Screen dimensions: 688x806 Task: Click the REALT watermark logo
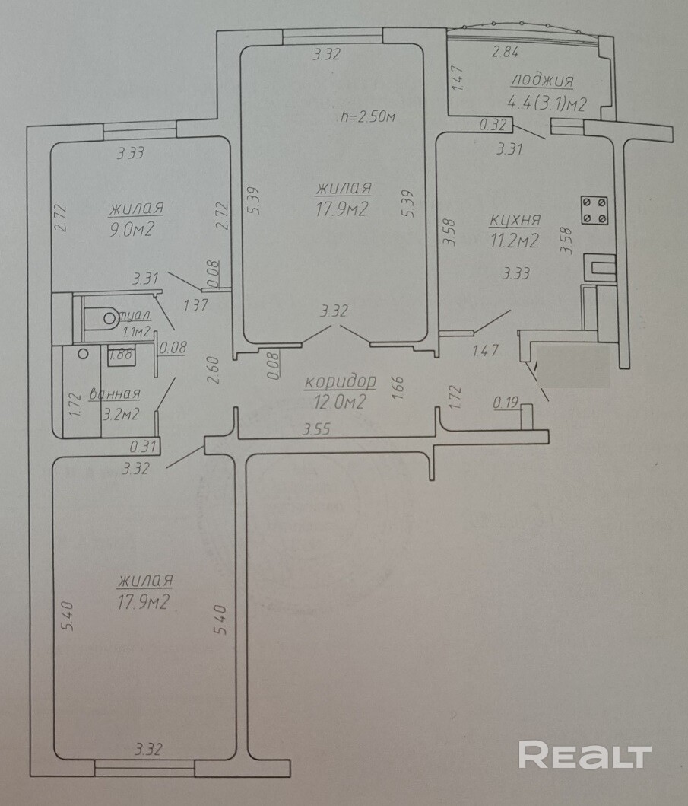585,755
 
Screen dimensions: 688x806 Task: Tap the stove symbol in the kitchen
594,210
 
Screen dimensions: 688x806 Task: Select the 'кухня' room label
515,220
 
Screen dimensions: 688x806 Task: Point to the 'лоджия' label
542,81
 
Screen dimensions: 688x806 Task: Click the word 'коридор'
341,382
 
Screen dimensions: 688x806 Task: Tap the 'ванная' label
115,394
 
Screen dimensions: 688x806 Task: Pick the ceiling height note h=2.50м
368,116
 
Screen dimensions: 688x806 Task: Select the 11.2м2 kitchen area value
515,241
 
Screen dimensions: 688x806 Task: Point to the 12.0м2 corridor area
340,401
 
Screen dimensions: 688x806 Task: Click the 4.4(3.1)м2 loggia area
547,104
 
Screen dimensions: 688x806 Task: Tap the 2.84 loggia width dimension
506,52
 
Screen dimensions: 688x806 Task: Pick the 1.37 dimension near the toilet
195,305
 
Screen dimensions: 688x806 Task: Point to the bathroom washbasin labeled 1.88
122,355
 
